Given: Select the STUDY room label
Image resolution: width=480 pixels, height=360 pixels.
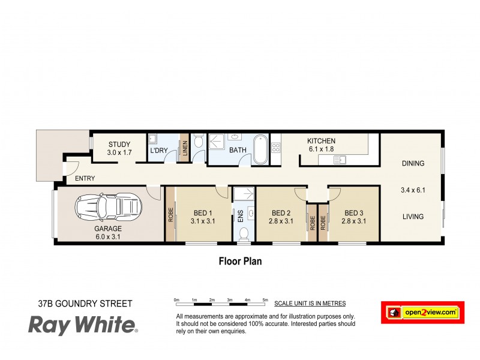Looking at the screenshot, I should coord(119,144).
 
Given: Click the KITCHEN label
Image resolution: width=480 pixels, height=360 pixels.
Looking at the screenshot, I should coord(322,141).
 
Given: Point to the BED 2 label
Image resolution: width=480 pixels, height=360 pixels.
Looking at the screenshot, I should coord(281,213).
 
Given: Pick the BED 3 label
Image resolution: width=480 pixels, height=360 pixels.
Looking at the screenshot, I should coord(353,213).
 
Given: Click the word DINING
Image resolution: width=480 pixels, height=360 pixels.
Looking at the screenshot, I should coord(413,163).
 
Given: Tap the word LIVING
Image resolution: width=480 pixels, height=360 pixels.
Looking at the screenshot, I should coord(413,217).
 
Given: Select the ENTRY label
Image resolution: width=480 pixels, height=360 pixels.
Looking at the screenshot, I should coord(85,179).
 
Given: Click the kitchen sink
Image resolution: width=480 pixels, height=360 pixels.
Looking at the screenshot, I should coord(340,159).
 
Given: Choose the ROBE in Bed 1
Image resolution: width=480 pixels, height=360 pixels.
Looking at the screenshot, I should coord(170,215).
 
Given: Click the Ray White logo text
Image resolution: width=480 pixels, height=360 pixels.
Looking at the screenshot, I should coord(83,326).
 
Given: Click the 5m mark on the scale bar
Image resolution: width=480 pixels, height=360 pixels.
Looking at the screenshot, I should coord(265,299).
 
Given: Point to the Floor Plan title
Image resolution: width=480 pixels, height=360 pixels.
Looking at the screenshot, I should coord(239,262).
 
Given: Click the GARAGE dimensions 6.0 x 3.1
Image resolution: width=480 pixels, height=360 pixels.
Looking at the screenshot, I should coord(108,236).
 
